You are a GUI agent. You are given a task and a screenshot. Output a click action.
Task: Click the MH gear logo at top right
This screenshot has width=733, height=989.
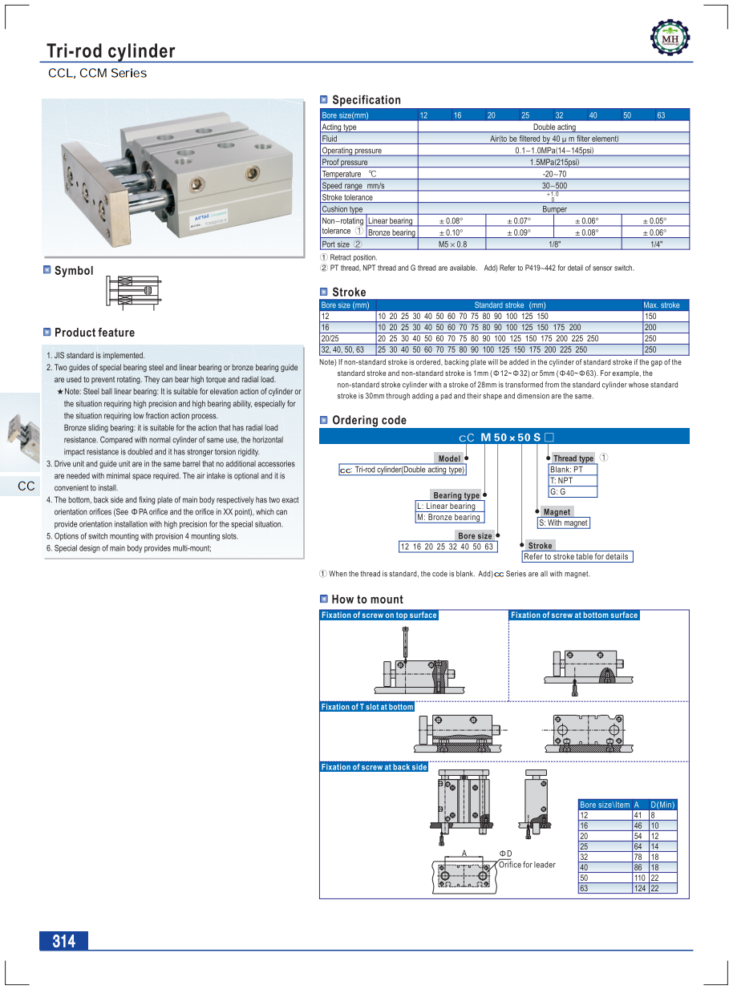point(670,38)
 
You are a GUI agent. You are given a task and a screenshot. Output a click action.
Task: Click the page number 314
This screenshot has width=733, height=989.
point(63,941)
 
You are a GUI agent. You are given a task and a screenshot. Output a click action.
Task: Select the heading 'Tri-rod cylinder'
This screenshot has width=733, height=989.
point(111,52)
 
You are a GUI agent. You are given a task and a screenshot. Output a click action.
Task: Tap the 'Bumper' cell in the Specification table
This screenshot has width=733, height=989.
point(553,209)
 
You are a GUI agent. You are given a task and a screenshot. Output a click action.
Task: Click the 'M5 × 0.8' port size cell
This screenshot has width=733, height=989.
point(452,244)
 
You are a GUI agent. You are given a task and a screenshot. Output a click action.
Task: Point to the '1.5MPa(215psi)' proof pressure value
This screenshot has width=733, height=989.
point(553,162)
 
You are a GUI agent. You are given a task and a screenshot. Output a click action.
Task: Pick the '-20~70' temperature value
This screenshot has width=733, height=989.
point(553,174)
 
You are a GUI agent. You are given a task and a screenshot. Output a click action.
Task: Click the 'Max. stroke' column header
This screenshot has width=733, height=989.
point(662,305)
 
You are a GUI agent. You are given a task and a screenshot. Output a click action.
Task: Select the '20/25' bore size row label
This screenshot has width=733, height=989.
point(330,339)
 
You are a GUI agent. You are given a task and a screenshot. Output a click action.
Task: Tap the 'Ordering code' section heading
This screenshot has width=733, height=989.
point(369,420)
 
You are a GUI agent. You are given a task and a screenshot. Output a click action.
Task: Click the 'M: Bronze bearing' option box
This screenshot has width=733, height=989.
point(448,518)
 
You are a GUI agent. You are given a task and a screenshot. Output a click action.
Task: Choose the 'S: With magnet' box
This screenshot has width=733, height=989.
point(563,523)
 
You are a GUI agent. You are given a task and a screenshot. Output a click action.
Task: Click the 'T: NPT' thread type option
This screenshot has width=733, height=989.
point(561,481)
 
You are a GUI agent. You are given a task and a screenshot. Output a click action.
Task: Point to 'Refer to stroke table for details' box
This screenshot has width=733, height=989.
point(576,556)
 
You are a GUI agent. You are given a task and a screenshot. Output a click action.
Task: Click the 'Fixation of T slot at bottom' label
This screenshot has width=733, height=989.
point(367,707)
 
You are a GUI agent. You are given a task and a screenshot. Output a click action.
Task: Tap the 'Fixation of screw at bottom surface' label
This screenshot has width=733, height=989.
point(574,616)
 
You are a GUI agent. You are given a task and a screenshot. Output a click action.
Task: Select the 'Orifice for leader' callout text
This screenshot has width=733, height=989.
point(527,865)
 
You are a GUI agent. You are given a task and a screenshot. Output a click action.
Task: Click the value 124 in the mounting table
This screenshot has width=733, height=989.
point(639,889)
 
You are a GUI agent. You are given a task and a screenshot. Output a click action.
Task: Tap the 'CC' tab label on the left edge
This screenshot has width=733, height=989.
point(26,486)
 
